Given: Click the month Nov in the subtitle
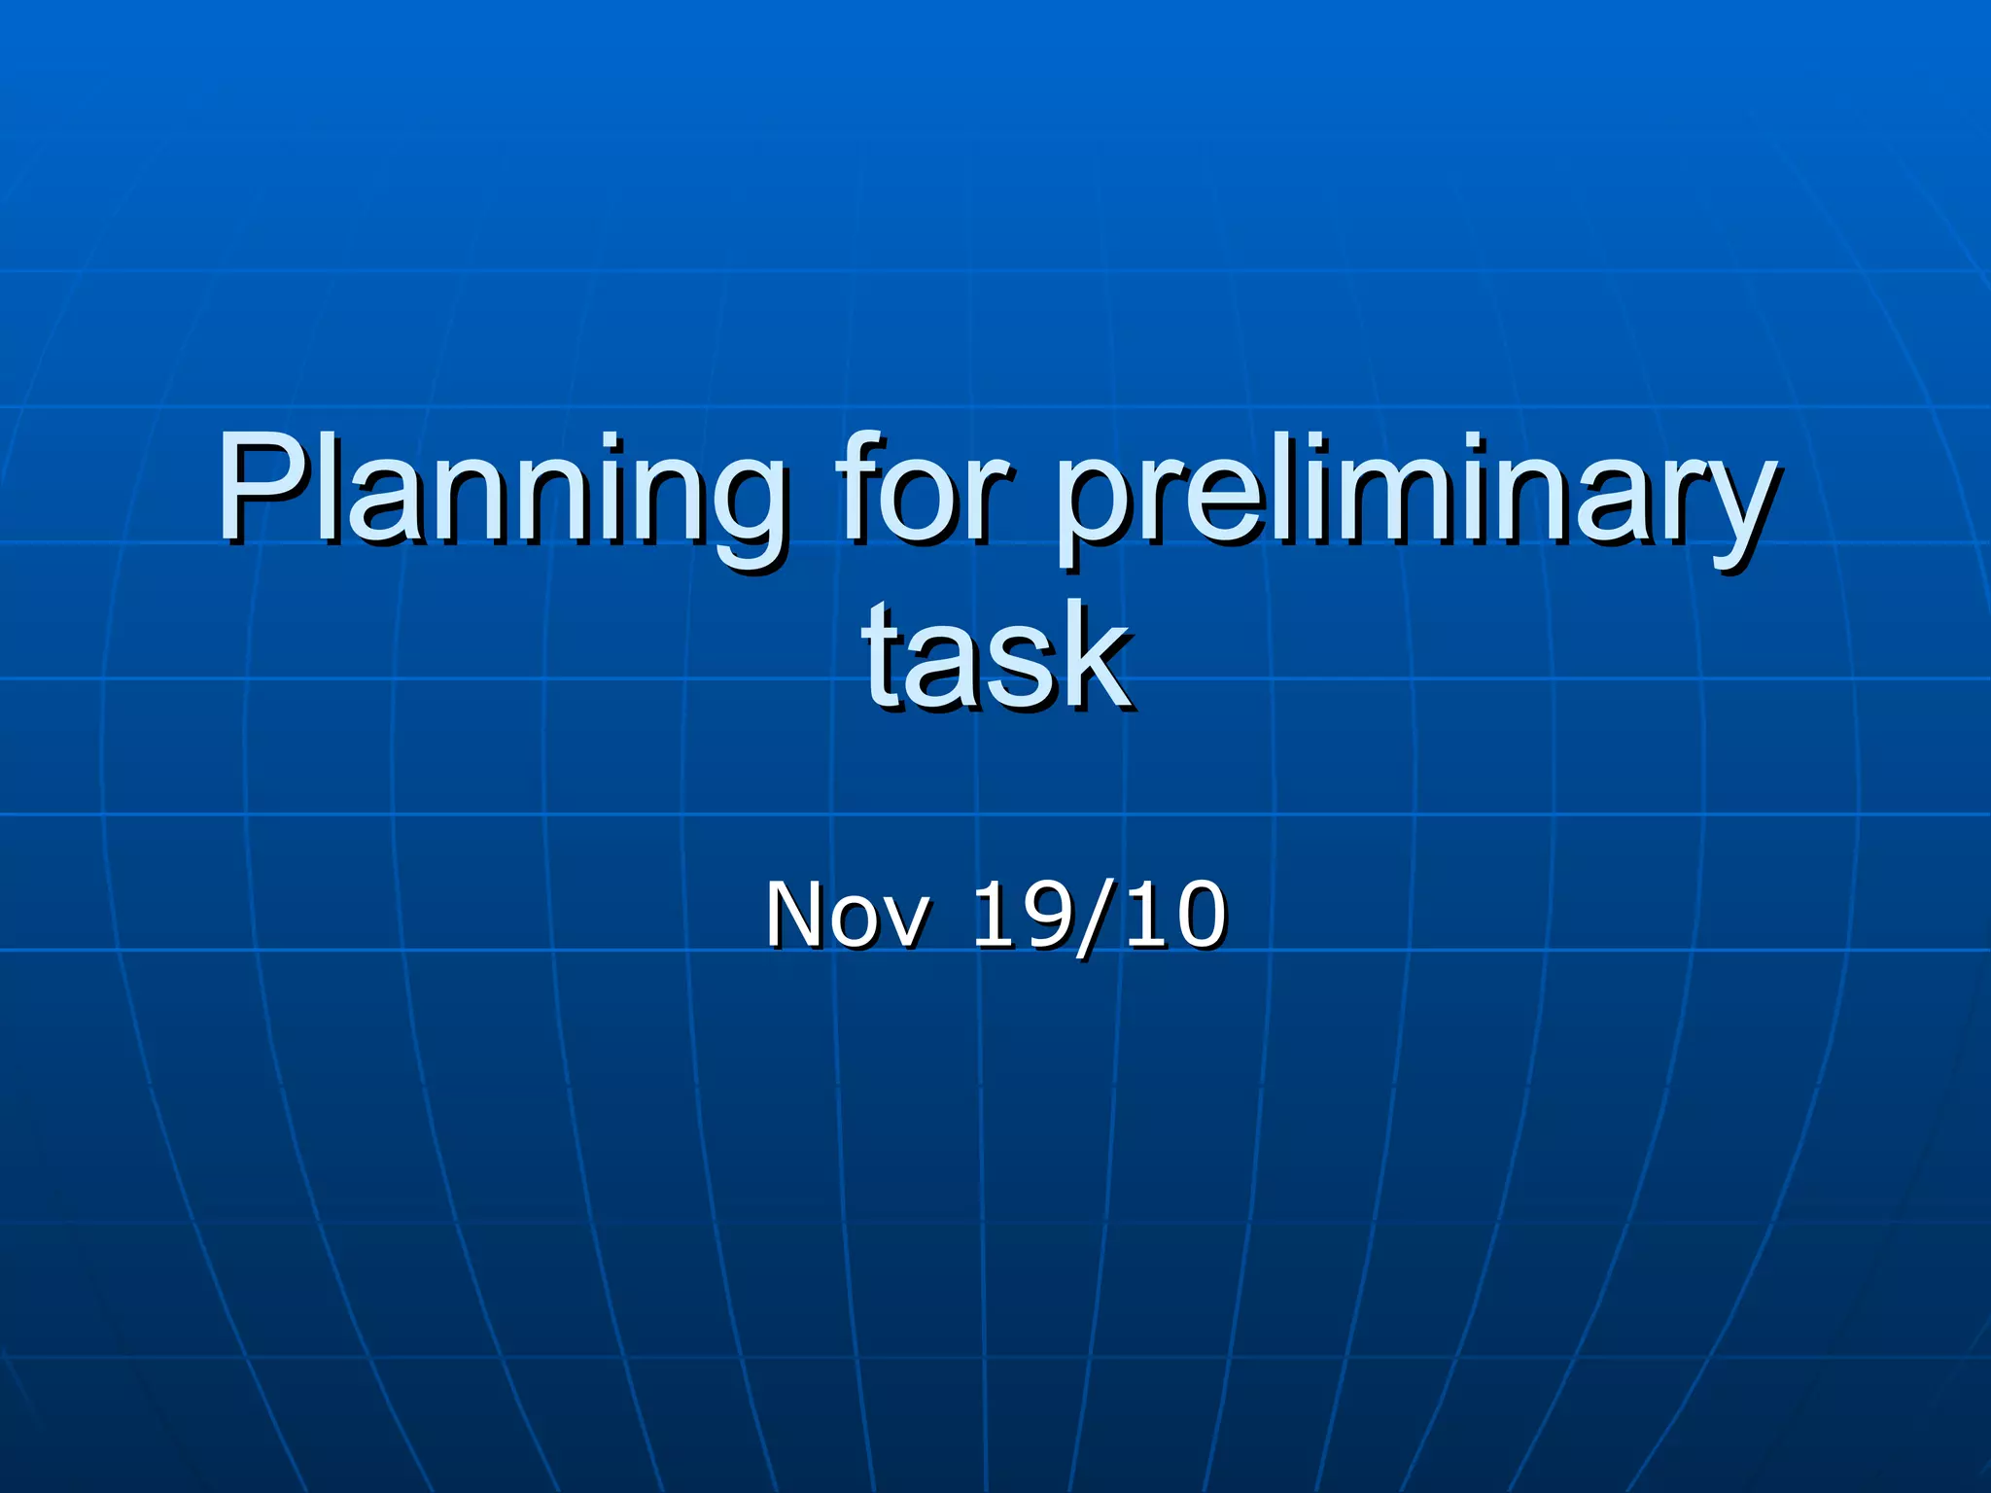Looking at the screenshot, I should point(847,914).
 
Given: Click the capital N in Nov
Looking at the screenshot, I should point(799,914).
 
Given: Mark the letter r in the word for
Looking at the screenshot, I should point(992,501).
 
